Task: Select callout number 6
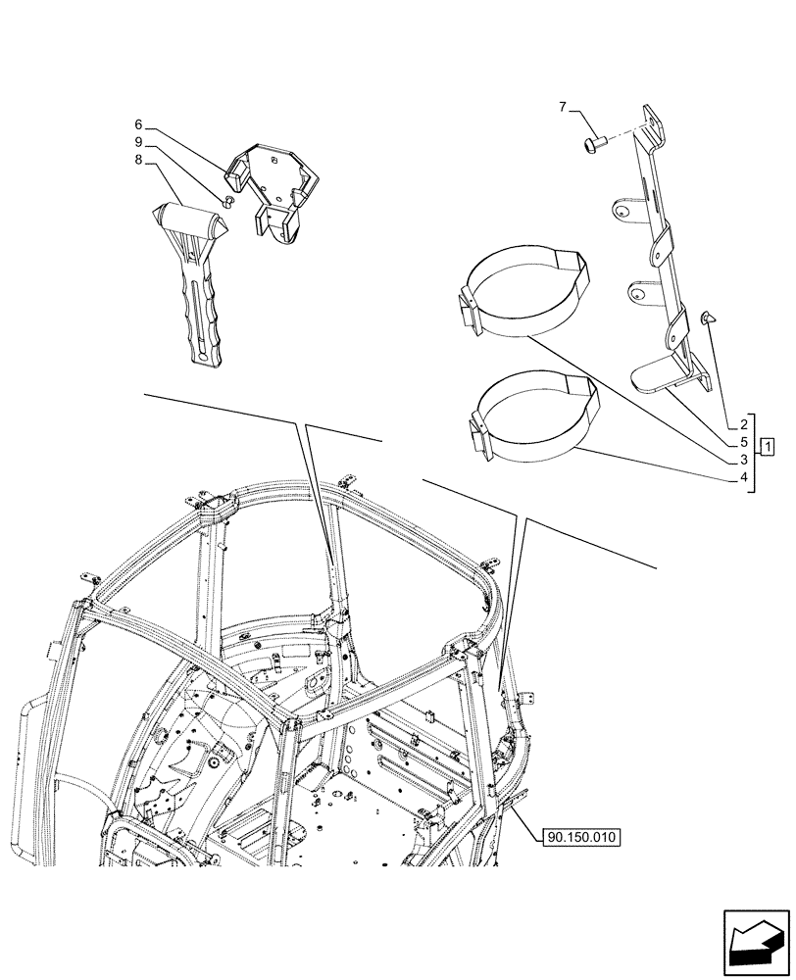[139, 124]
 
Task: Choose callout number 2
[745, 424]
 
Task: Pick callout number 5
[745, 442]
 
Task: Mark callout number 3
[745, 460]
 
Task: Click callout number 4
[745, 477]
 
